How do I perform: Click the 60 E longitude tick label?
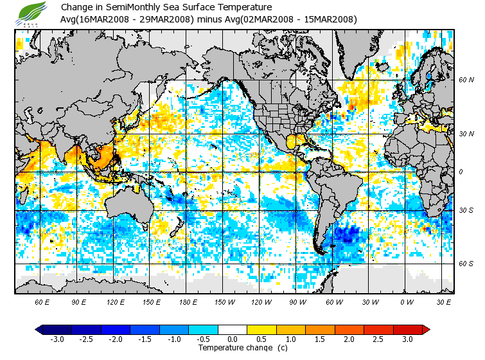point(42,301)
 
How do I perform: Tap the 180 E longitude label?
point(188,301)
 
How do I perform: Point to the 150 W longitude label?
point(225,301)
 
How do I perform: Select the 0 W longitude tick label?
point(407,301)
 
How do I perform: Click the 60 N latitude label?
point(466,80)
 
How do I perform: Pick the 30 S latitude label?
point(466,211)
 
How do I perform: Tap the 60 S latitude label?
point(466,264)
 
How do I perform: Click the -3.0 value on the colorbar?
point(57,339)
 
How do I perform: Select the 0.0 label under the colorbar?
point(233,339)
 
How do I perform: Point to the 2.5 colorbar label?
point(379,339)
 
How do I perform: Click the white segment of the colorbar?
point(233,329)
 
